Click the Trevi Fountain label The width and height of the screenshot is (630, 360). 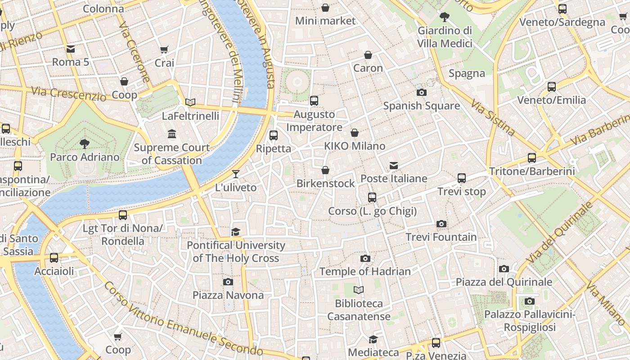click(x=441, y=237)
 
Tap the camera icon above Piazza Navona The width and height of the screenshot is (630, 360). click(x=228, y=282)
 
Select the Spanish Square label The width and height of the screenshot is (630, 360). click(x=421, y=106)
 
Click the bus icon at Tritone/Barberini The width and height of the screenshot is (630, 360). click(x=532, y=158)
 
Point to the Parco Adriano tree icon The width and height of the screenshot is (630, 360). click(x=84, y=144)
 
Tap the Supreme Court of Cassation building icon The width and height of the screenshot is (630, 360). click(x=171, y=134)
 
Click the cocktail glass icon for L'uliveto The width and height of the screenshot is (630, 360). click(x=236, y=174)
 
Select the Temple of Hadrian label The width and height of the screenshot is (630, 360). click(x=365, y=271)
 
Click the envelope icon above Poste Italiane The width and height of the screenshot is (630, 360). click(x=394, y=166)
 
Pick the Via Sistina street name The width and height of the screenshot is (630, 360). click(x=492, y=117)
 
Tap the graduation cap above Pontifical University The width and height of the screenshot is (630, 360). click(x=236, y=232)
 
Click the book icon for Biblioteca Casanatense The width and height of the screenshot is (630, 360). click(x=358, y=290)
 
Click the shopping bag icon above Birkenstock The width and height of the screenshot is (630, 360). click(x=325, y=171)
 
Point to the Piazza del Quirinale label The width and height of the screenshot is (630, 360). click(x=504, y=282)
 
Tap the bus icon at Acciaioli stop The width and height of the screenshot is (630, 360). click(x=54, y=258)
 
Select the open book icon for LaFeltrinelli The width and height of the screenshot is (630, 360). click(x=190, y=103)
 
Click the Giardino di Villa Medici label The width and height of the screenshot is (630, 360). click(x=445, y=37)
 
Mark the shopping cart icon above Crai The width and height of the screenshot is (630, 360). click(x=164, y=49)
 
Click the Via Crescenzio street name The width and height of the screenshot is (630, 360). click(x=69, y=93)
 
